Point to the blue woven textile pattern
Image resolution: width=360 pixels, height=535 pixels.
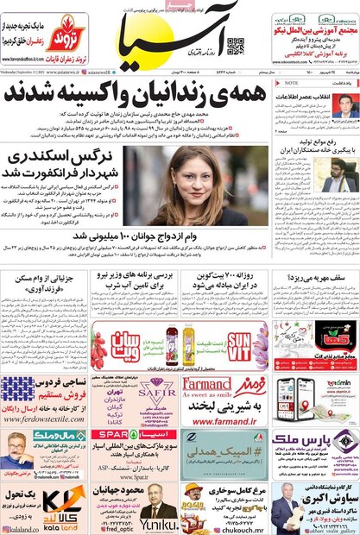click(17, 389)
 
